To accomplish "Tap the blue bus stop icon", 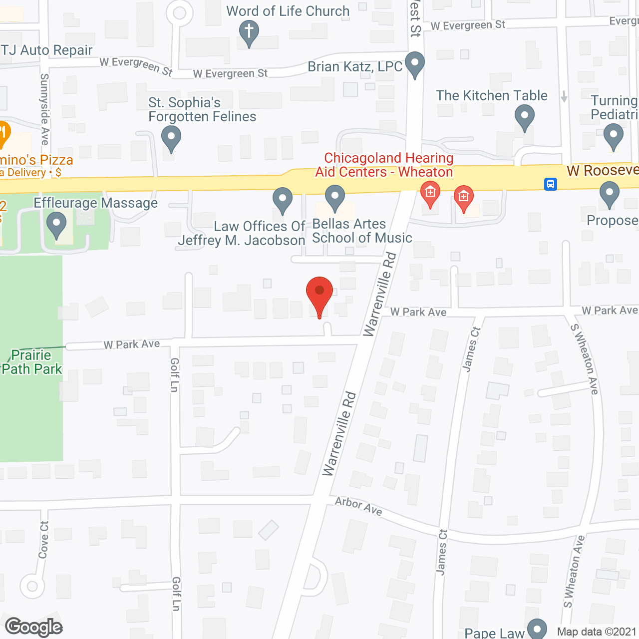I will pos(550,184).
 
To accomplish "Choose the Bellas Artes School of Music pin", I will pos(335,198).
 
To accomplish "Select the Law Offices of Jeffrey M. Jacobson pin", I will pos(282,200).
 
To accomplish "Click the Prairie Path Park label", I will pos(32,362).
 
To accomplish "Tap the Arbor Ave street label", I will pos(358,506).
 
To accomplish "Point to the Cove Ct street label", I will pos(44,540).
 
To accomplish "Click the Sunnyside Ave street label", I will pos(44,109).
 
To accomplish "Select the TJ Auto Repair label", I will pos(46,50).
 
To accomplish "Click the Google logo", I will pos(34,627).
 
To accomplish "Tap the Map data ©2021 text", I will pos(597,632).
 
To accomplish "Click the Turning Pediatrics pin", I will pos(613,136).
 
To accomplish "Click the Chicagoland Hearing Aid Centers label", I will pos(384,165).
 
